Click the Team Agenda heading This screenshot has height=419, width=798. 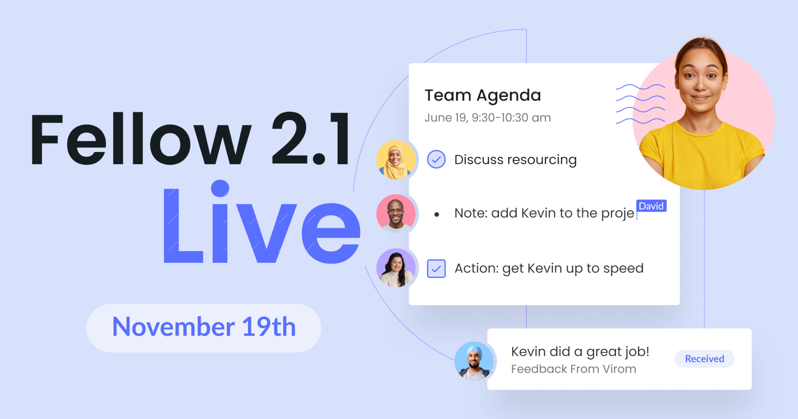click(x=482, y=95)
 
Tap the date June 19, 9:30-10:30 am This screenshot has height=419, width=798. click(x=487, y=118)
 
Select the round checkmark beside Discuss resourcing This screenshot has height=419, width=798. click(x=436, y=159)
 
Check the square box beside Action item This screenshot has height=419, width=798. click(x=436, y=269)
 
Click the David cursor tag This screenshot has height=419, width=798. click(x=651, y=206)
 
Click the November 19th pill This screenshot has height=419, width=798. click(x=204, y=328)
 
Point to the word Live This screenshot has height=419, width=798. click(x=261, y=222)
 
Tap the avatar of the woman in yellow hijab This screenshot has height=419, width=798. click(x=396, y=160)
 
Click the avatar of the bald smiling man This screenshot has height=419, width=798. click(x=396, y=214)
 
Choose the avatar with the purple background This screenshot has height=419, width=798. click(x=396, y=268)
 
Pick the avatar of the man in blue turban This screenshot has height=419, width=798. click(x=474, y=361)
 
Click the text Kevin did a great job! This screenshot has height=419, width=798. click(x=580, y=352)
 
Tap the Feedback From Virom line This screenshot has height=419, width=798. click(x=574, y=369)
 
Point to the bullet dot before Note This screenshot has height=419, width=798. click(x=436, y=214)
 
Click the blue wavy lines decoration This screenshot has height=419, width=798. click(x=640, y=104)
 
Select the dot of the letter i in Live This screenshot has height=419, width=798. click(x=220, y=188)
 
